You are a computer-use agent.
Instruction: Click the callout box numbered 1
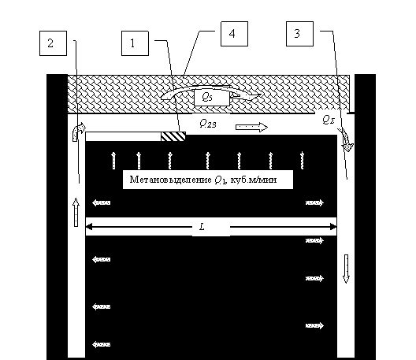tap(135, 43)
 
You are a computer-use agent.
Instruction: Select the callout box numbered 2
tap(53, 43)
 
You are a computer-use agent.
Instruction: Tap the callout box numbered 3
tap(299, 34)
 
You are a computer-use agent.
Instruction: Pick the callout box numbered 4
tap(234, 34)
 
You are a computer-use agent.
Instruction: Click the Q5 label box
tap(212, 98)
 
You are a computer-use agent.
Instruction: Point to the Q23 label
tap(208, 124)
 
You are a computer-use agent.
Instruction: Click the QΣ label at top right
tap(329, 121)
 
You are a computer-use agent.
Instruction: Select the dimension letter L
tap(202, 227)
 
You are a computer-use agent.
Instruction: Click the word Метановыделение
tap(170, 180)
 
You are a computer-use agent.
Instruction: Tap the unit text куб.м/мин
tap(254, 180)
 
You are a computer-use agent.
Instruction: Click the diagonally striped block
tap(173, 136)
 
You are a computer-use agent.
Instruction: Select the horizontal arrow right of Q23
tap(252, 128)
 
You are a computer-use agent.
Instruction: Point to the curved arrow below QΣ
tap(346, 139)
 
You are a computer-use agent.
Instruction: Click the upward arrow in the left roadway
tap(76, 212)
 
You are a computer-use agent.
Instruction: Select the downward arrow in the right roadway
tap(346, 269)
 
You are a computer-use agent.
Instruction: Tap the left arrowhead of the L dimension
tap(88, 227)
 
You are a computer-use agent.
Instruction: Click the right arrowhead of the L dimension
tap(333, 227)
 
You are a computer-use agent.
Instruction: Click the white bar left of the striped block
tap(124, 136)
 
